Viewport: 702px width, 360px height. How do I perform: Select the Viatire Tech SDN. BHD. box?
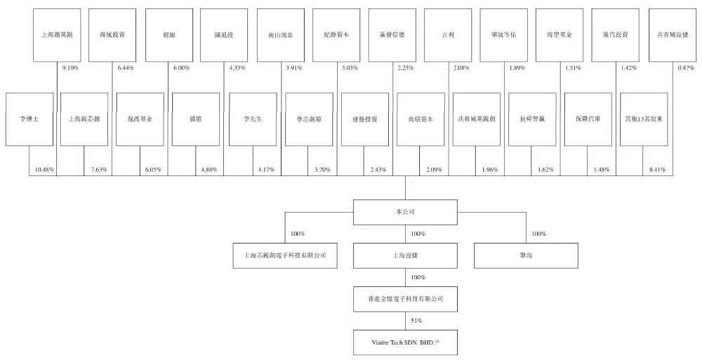coord(404,343)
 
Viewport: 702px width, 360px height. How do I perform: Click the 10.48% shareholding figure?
coord(44,170)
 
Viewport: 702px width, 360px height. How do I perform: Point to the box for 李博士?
coord(29,119)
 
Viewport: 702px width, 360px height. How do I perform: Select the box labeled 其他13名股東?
coord(644,119)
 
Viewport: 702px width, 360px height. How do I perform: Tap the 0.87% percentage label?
coord(685,68)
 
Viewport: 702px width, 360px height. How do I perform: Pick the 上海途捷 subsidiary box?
coord(404,256)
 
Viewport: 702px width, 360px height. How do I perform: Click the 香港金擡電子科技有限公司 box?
coord(404,299)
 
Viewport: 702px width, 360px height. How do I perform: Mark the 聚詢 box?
coord(526,256)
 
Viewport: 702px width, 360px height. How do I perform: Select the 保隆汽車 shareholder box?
coord(588,119)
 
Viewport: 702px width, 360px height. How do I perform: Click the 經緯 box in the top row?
coord(168,34)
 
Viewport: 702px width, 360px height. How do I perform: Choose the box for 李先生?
coord(251,119)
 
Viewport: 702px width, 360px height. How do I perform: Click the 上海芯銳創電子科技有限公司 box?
coord(280,256)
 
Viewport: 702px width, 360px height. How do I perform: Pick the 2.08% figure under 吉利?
coord(461,68)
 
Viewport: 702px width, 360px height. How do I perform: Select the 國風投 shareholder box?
coord(224,34)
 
